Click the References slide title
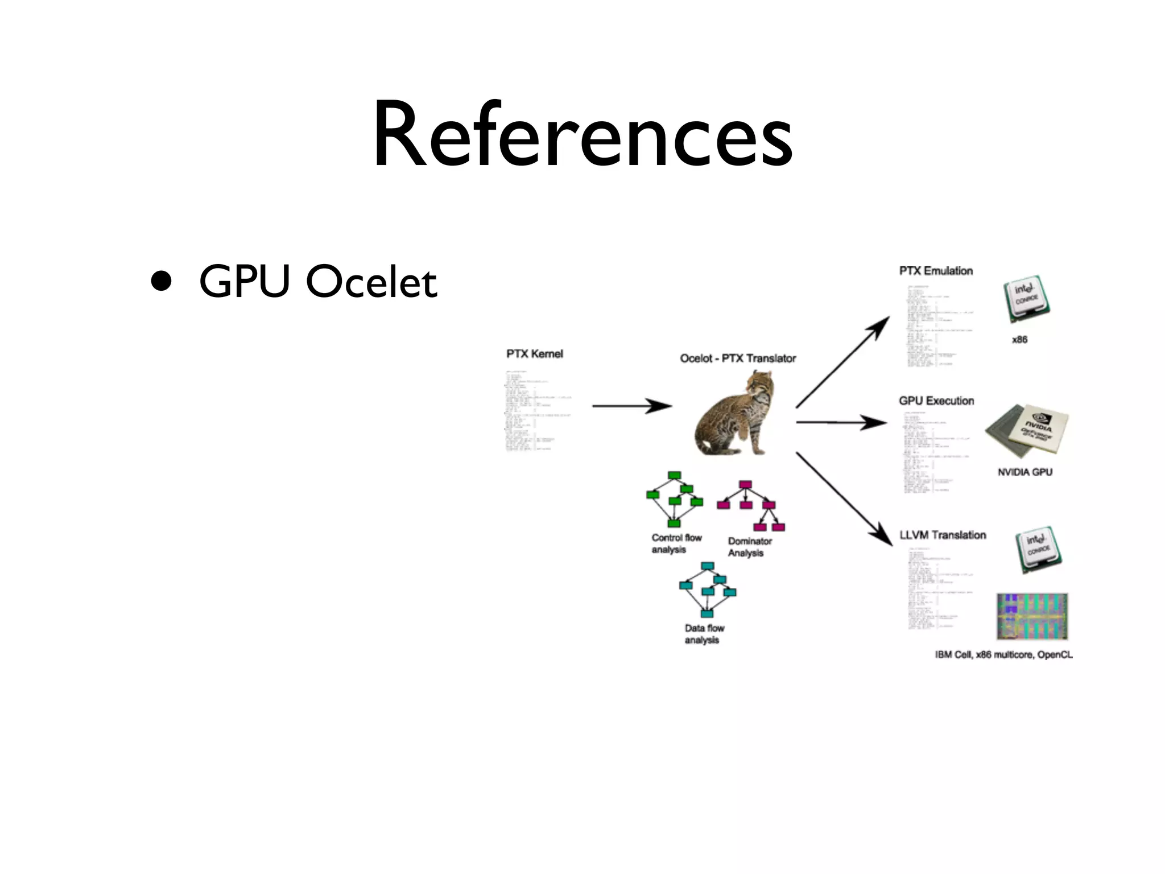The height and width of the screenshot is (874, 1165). pos(582,135)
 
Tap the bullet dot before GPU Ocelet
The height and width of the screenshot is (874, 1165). pos(162,281)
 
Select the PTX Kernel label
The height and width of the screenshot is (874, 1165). pos(534,354)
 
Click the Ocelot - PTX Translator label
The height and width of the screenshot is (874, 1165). pos(738,358)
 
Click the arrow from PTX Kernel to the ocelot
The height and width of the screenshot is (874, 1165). pos(631,406)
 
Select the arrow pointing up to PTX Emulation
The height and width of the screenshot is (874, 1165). pos(842,362)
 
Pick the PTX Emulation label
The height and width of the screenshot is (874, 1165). pos(936,271)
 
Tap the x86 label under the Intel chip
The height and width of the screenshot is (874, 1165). pos(1019,340)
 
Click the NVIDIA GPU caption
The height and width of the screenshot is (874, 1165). pos(1024,472)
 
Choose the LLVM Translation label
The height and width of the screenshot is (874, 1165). pos(943,535)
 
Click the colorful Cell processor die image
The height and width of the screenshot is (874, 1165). pos(1032,617)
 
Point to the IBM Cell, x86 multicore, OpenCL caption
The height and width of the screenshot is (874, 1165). pos(1003,655)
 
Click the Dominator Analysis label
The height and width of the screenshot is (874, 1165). pos(749,547)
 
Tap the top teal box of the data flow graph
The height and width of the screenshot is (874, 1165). pos(707,566)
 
